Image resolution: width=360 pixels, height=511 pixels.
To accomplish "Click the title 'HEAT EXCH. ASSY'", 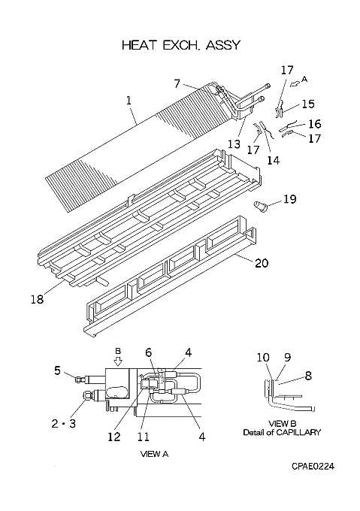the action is pos(181,45).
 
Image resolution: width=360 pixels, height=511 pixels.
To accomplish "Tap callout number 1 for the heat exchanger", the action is pos(129,100).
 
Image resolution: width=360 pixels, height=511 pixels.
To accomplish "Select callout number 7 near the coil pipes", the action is pos(177,83).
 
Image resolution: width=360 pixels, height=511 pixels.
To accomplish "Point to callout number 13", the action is pos(234,144).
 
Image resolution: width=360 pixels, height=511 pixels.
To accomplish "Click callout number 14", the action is pos(274,160).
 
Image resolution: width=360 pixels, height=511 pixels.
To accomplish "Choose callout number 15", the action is pos(308,104).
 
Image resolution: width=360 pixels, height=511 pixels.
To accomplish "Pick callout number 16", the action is pos(314,124).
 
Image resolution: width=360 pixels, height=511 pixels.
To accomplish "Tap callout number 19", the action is pos(289,198).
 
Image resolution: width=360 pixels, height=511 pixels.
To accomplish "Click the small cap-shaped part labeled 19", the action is pos(259,206).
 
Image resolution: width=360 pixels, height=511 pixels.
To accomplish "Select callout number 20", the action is pos(262,263).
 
